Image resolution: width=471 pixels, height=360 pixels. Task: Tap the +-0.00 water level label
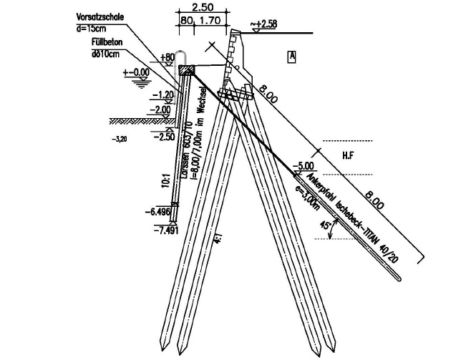click(138, 72)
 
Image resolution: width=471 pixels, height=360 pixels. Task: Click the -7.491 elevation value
click(165, 229)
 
